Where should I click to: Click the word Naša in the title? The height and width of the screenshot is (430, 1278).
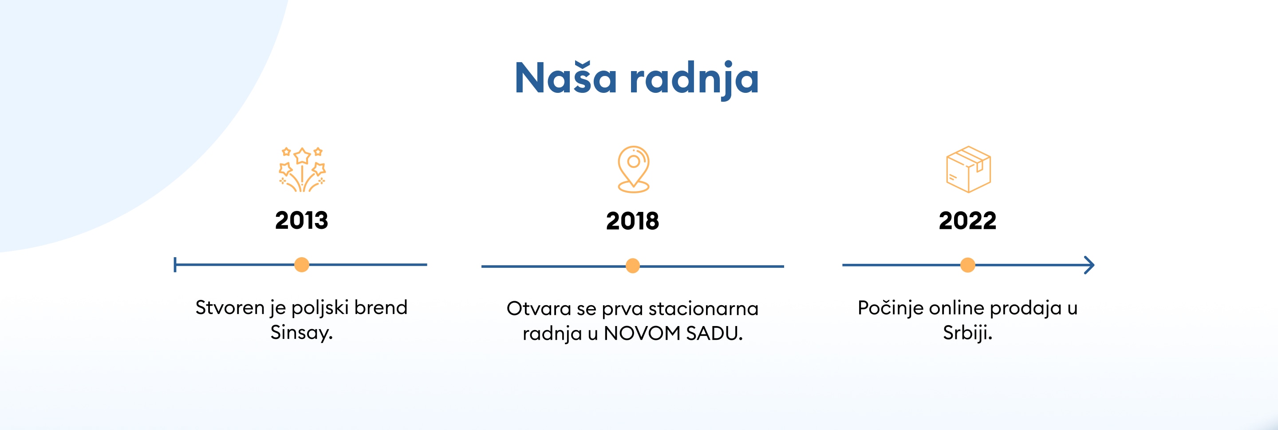tap(566, 77)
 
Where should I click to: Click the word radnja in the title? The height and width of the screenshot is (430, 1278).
tap(694, 80)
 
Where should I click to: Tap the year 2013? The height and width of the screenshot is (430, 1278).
tap(302, 220)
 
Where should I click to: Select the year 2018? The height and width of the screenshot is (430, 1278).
tap(632, 221)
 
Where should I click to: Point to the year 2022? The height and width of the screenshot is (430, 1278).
tap(967, 221)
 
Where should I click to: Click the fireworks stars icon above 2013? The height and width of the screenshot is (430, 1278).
tap(302, 169)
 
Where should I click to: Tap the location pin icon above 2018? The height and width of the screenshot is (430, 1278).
tap(634, 169)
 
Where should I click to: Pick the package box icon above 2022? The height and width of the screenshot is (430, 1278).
tap(968, 169)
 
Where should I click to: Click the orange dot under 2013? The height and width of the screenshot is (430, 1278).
tap(302, 265)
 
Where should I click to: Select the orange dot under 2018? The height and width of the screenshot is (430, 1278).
tap(632, 266)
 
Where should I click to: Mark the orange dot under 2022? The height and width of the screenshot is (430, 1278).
tap(967, 265)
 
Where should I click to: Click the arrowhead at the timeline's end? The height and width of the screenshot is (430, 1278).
tap(1089, 265)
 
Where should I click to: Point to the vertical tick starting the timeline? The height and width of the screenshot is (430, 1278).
tap(175, 265)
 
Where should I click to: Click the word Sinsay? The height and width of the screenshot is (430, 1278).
tap(302, 333)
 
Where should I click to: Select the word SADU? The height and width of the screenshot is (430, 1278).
tap(714, 334)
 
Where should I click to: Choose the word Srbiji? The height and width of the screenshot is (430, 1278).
tap(967, 333)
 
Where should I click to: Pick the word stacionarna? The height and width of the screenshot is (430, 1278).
tap(703, 309)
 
